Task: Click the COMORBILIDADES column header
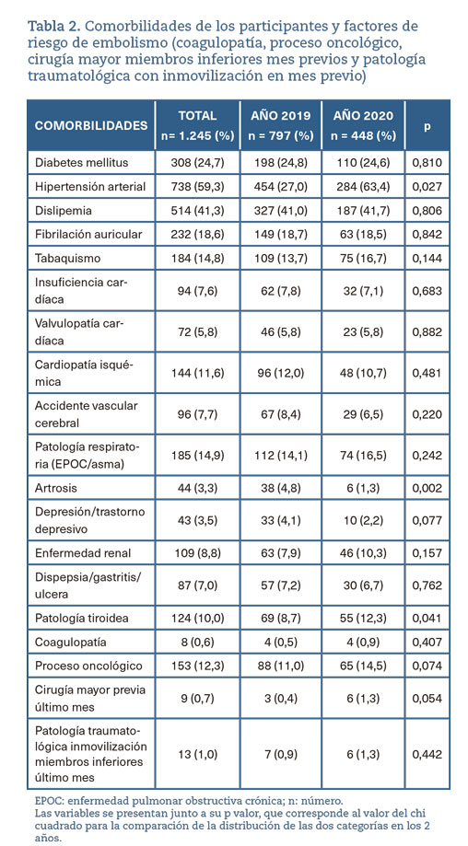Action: click(x=91, y=125)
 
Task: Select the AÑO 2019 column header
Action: click(x=281, y=125)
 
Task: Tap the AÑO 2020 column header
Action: click(x=363, y=125)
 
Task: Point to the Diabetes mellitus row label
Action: click(x=81, y=161)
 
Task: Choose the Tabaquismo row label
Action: click(x=67, y=259)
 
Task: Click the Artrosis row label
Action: click(x=56, y=488)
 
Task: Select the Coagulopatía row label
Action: click(x=71, y=642)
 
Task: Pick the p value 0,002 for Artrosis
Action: click(x=427, y=488)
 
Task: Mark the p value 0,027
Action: click(x=427, y=187)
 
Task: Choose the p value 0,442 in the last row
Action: click(x=427, y=754)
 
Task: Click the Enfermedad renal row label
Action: click(x=83, y=553)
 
